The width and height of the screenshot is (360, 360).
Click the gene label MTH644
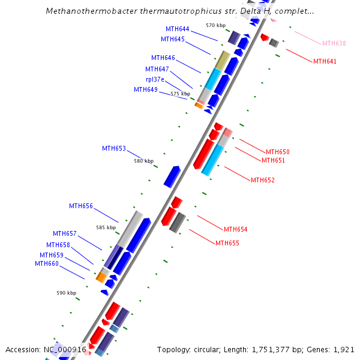pos(178,29)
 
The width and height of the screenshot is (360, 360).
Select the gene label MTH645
pos(173,40)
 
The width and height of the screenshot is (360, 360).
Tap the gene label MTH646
pos(163,58)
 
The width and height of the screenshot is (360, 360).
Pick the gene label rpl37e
pos(155,79)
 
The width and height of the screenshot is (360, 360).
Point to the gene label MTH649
pos(146,90)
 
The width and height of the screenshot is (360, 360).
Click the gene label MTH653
pos(114,149)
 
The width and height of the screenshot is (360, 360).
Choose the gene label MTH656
pos(81,206)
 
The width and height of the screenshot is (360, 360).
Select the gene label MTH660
pos(47,264)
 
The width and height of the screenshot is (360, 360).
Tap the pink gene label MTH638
pos(334,44)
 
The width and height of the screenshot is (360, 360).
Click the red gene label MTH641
pos(325,61)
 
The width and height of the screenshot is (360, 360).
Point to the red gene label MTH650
pos(278,152)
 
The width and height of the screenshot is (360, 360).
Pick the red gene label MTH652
pos(263,181)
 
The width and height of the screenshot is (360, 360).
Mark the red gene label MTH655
pos(227,244)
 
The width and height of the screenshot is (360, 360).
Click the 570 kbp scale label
pos(215,26)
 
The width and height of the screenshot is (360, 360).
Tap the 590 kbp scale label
pos(67,293)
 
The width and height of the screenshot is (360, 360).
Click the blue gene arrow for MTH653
pos(172,176)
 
